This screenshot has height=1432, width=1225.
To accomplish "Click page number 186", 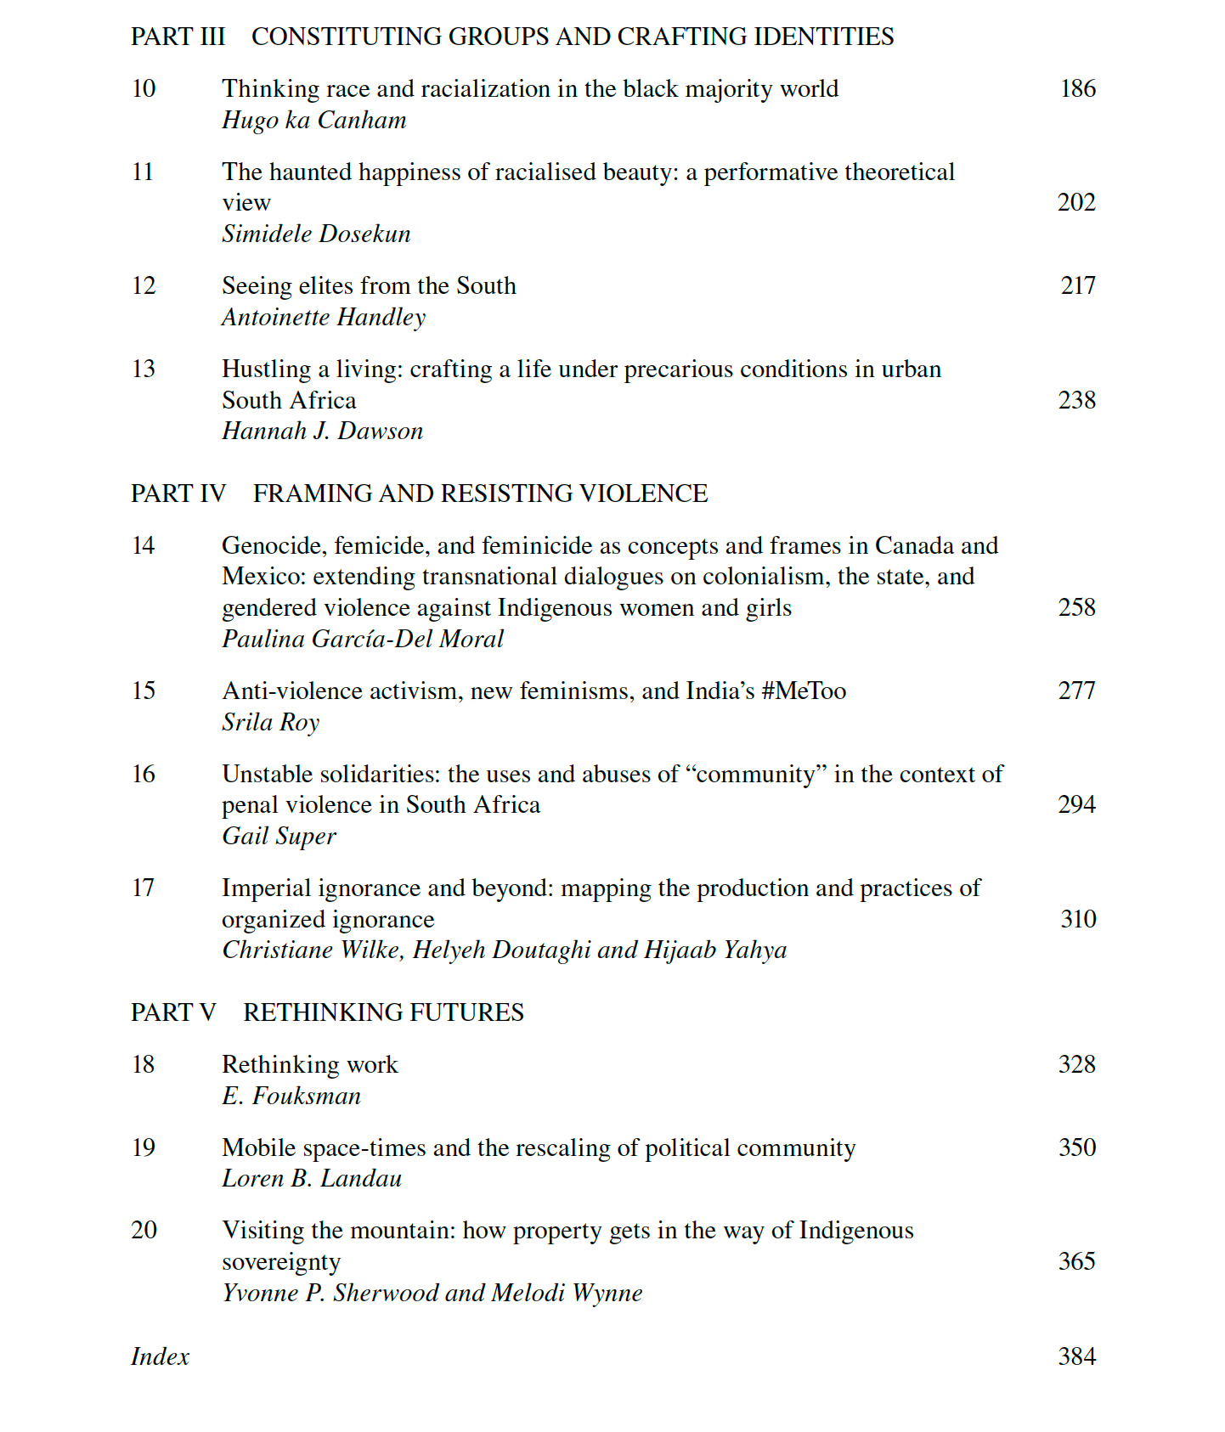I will pos(1077,88).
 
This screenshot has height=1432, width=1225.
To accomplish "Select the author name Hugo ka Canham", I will pos(313,121).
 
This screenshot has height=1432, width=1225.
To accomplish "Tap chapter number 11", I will pos(143,172).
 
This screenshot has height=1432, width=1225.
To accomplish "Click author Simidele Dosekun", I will pos(316,234).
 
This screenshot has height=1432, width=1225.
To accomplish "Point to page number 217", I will pos(1077,285).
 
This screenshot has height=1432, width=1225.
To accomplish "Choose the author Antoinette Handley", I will pos(323,317).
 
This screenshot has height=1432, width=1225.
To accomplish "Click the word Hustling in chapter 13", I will pos(266,369).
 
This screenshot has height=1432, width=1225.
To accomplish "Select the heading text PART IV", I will pos(178,493).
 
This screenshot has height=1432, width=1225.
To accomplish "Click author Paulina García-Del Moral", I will pos(363,639).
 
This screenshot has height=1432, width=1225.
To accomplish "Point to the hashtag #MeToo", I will pos(804,691).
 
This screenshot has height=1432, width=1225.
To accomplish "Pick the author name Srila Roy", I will pos(270,722).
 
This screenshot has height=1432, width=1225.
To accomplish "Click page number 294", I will pos(1076,804).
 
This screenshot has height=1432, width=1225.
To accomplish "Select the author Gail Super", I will pos(279,837).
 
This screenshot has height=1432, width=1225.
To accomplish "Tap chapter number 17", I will pos(143,888).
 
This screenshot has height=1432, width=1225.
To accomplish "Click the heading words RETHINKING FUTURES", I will pos(383,1012).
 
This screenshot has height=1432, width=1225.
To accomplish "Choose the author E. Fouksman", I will pos(291,1096).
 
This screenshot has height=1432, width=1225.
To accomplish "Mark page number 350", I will pos(1076,1147).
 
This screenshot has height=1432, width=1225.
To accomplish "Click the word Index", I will pos(160,1356).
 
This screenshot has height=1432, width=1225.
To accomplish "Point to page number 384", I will pos(1076,1356).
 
